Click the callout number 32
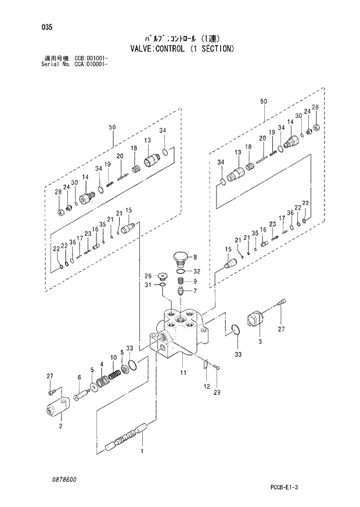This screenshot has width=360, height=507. [x=197, y=271]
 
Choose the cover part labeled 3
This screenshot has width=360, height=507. [x=255, y=319]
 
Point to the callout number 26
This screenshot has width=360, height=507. [x=147, y=275]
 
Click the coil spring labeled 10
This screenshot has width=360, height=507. [x=116, y=376]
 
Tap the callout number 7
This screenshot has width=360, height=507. [x=195, y=291]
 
